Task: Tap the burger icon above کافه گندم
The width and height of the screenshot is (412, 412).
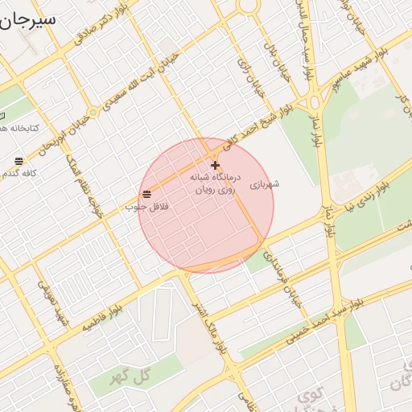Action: coord(19,161)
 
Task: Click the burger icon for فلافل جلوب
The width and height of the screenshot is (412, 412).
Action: coord(146,193)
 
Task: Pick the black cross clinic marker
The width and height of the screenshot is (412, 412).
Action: coord(215,165)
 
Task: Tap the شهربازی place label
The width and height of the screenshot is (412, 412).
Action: coord(264,184)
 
